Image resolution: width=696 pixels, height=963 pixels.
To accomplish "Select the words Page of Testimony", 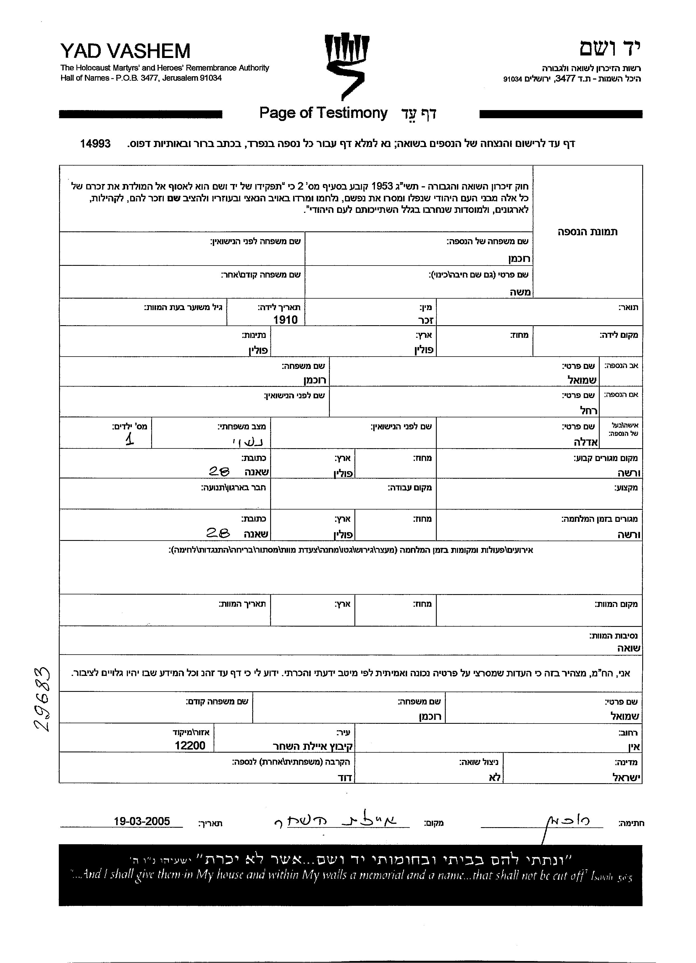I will (323, 113).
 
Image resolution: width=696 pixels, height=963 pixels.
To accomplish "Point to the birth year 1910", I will (285, 320).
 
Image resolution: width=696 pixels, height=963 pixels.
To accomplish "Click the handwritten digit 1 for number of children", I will (129, 439).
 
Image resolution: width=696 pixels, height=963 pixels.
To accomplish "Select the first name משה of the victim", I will (520, 292).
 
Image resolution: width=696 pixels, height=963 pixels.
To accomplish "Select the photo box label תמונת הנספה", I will (587, 232).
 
